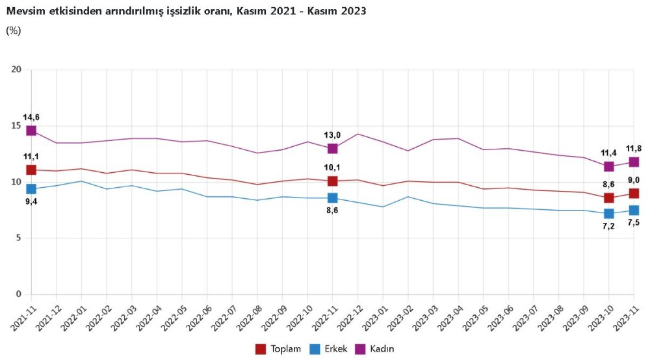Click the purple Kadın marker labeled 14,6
(31, 131)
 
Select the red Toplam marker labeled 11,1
(31, 170)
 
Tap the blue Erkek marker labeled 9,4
(31, 189)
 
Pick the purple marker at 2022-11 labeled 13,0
(332, 149)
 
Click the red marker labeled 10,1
(332, 181)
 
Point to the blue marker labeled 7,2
(609, 214)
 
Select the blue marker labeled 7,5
(634, 210)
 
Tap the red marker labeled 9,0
(634, 193)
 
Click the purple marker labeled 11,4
(609, 166)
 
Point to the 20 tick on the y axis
(17, 70)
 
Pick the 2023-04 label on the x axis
(448, 319)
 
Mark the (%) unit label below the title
(13, 30)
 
